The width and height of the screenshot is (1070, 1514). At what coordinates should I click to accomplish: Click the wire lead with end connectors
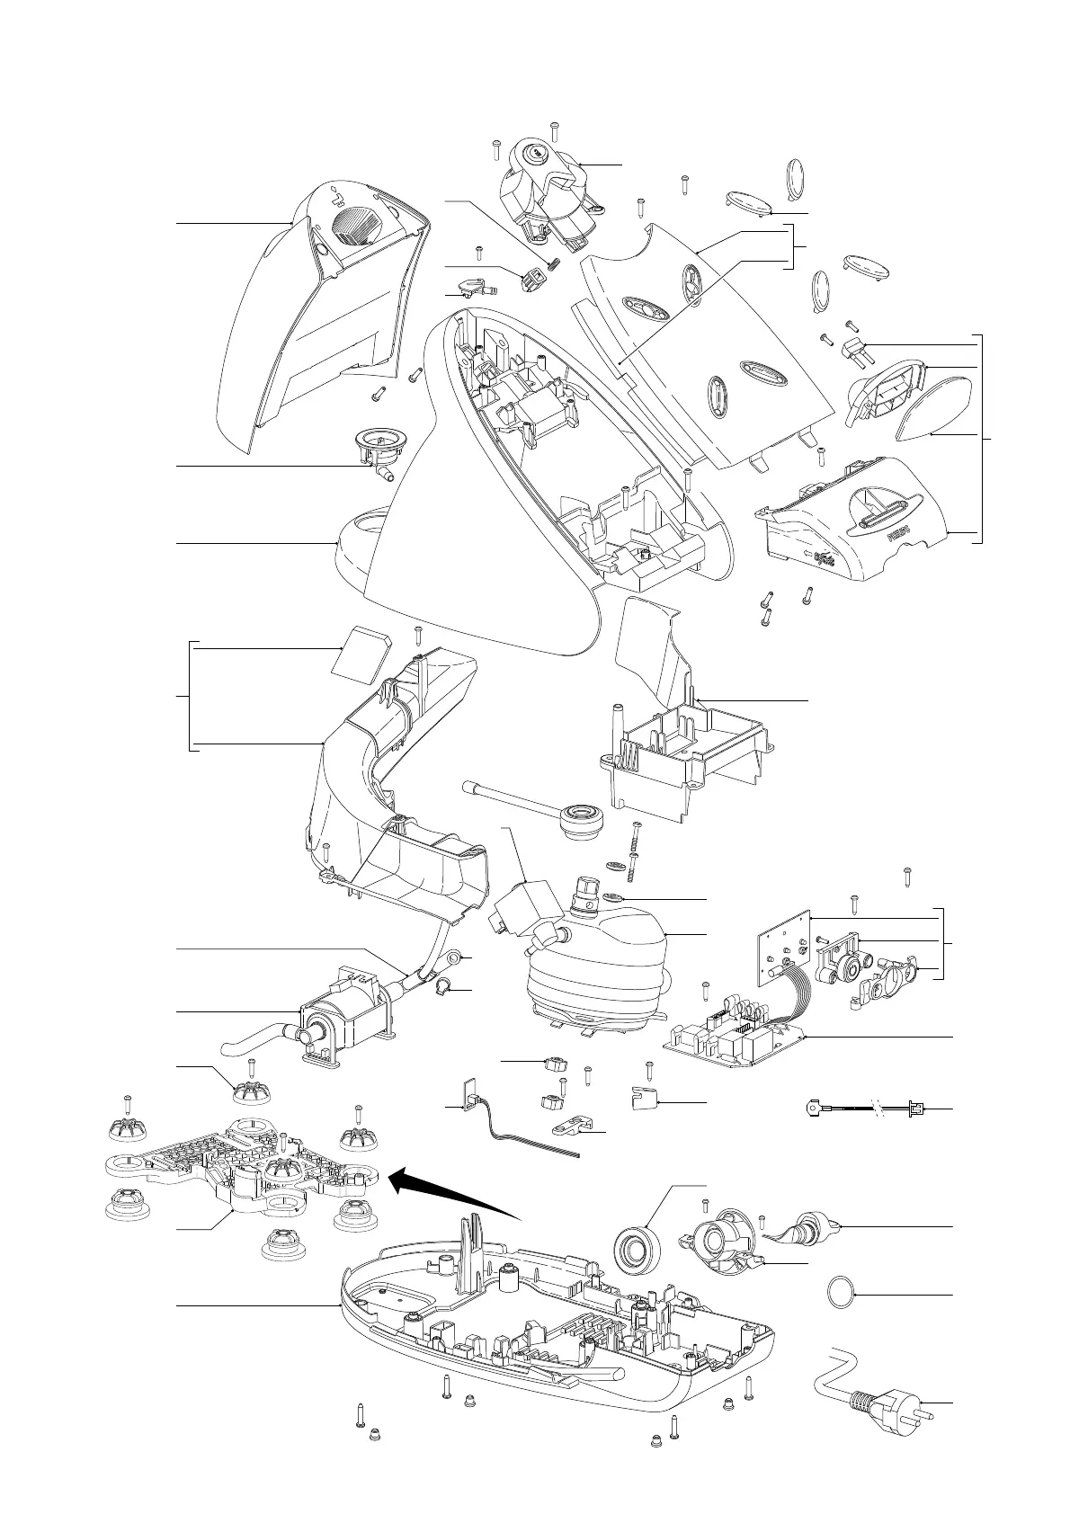pyautogui.click(x=863, y=1109)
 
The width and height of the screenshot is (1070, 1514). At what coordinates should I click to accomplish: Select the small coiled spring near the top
pyautogui.click(x=555, y=264)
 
